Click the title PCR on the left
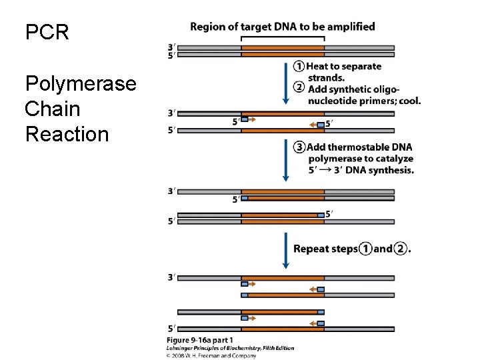[x=47, y=33]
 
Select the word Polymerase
[x=81, y=84]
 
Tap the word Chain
[x=52, y=109]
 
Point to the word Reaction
[x=67, y=134]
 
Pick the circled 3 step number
[x=299, y=147]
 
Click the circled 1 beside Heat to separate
[x=299, y=67]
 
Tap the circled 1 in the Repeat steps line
[x=365, y=249]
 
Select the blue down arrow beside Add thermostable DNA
[x=286, y=161]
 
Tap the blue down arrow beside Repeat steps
[x=286, y=250]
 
